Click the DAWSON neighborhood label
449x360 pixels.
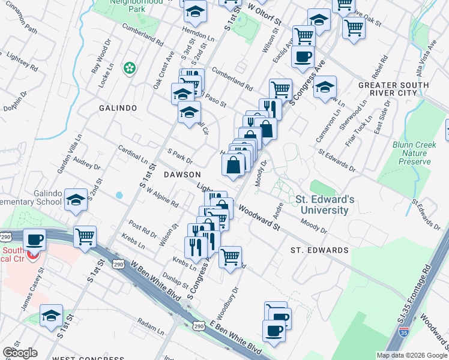point(181,174)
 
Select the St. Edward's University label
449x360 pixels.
point(322,205)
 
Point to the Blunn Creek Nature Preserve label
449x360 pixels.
point(412,153)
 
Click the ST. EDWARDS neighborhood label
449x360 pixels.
point(319,250)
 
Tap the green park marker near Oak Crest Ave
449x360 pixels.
point(129,69)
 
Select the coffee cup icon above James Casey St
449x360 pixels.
point(35,240)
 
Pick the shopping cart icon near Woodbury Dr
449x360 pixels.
point(230,257)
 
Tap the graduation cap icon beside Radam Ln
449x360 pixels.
point(51,315)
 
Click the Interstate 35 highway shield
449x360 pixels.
point(405,331)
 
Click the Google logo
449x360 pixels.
point(20,353)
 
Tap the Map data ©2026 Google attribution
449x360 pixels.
point(412,355)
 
